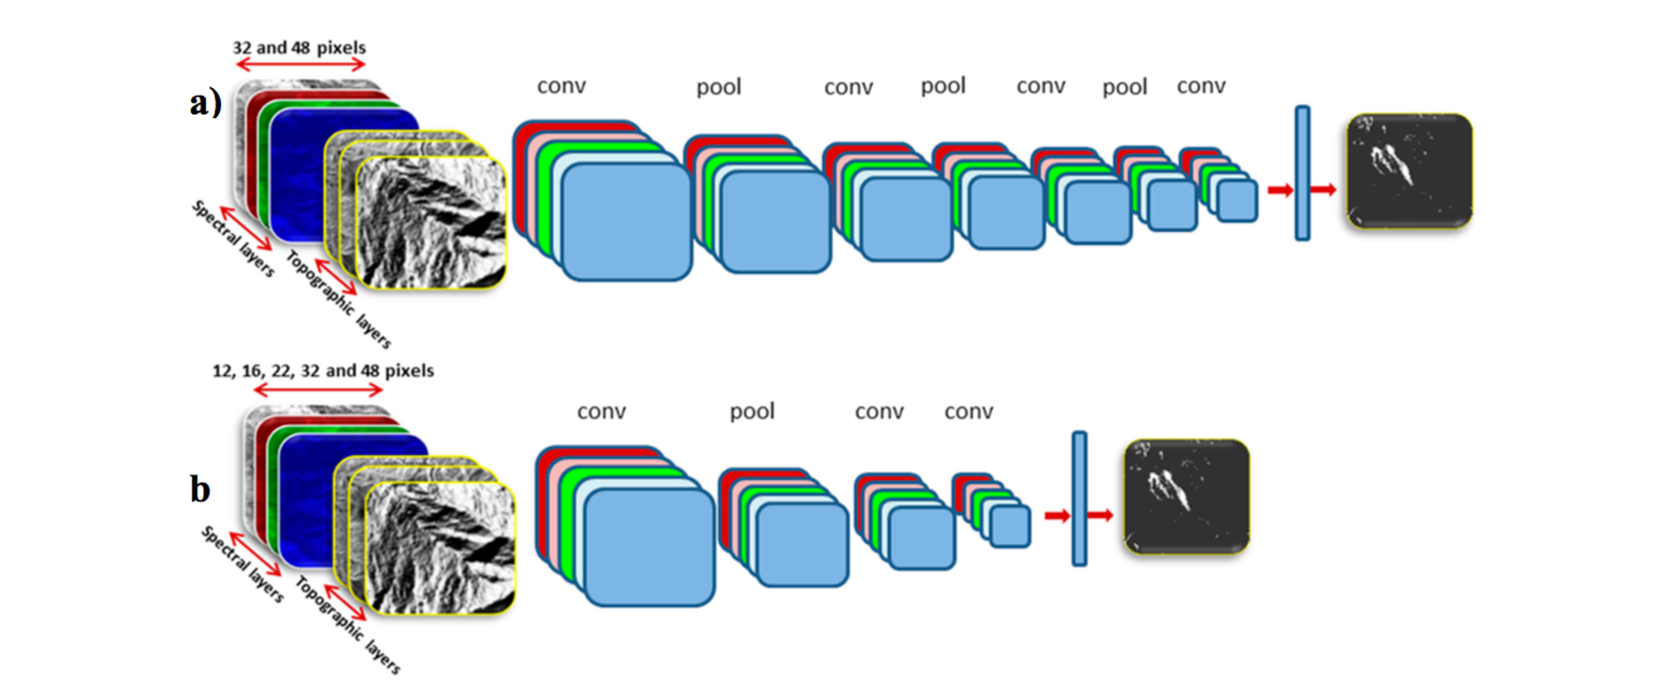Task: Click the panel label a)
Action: [x=205, y=103]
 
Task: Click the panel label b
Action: [x=200, y=489]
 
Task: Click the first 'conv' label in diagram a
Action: [x=561, y=86]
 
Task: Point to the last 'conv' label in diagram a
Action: [x=1201, y=86]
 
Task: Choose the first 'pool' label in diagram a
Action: [x=719, y=87]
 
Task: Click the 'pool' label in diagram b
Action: [x=752, y=411]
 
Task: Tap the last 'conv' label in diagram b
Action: [x=969, y=411]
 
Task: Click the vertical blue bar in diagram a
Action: [x=1303, y=173]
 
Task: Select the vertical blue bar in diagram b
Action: [x=1079, y=499]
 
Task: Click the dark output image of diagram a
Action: [x=1409, y=171]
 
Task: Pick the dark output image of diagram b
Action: [x=1186, y=497]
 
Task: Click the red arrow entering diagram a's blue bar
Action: [x=1281, y=190]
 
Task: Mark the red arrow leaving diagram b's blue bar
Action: [x=1100, y=515]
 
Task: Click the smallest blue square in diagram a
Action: [x=1237, y=200]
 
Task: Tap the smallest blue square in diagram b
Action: [x=1010, y=526]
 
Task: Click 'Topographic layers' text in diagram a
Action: [x=339, y=299]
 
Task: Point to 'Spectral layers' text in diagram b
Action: [x=243, y=564]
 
